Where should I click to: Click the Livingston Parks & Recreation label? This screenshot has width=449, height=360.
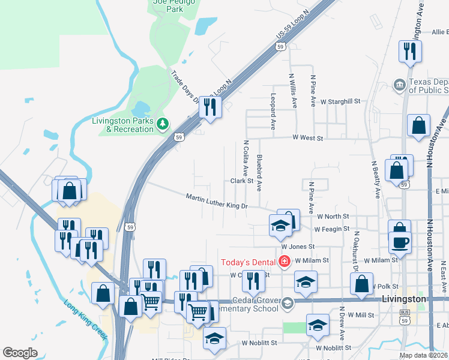point(121,124)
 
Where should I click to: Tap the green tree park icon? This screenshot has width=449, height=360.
point(162,124)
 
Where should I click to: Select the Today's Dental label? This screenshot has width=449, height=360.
point(248,262)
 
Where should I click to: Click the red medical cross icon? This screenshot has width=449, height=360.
point(284,262)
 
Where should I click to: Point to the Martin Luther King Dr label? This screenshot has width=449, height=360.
point(217,201)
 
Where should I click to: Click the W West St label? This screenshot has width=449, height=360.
point(308,138)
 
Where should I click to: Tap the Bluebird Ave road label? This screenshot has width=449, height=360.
point(259,173)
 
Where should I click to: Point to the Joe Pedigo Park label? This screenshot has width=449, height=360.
point(166,5)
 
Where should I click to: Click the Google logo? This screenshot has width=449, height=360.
point(20,353)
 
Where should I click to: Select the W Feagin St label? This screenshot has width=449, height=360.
point(332,229)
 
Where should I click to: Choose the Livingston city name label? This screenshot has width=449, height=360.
point(404,298)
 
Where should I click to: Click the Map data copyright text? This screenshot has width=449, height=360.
point(423,355)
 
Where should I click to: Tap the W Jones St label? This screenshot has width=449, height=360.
point(298,247)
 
